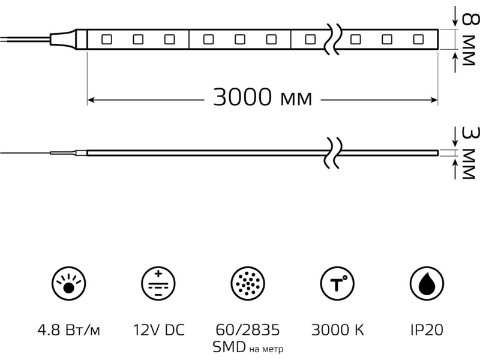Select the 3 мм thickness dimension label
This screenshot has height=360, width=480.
[469, 153]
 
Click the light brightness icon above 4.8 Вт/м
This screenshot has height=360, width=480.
[68, 283]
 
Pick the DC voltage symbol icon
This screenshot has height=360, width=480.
[158, 283]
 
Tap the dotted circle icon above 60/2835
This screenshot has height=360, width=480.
[248, 283]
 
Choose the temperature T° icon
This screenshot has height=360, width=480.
[337, 283]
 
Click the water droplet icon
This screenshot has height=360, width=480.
[427, 283]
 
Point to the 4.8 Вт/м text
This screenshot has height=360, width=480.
[68, 331]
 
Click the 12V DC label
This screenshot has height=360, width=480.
[158, 330]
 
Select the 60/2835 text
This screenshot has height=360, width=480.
[248, 330]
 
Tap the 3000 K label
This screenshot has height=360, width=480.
[338, 330]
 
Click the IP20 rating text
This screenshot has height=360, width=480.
[427, 330]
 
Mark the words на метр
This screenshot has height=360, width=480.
[266, 349]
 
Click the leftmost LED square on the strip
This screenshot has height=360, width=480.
[107, 40]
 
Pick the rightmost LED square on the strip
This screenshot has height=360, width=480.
[418, 40]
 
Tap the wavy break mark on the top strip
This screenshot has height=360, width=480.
[332, 39]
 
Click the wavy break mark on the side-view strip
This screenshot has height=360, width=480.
[332, 153]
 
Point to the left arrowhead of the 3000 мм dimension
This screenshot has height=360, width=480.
[91, 100]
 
